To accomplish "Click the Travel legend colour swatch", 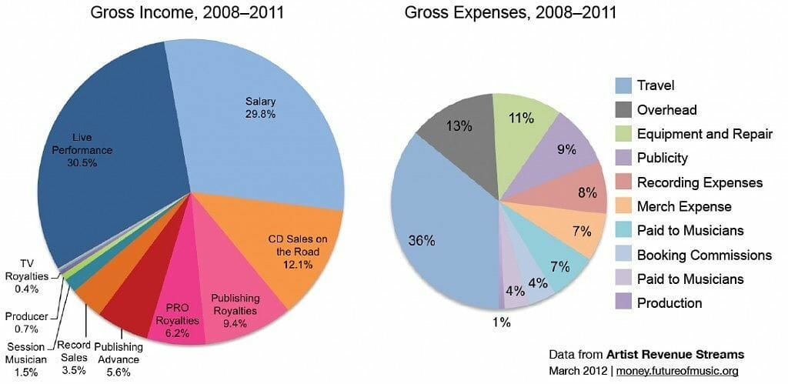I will pos(623,85).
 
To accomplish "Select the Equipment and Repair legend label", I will pos(704,134).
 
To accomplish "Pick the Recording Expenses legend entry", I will pos(700,182).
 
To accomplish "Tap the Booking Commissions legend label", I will pos(704,255).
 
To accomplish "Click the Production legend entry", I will pos(669,303).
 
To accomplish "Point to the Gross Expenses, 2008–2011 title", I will pos(511,13).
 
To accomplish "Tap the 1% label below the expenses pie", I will pos(501,322).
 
